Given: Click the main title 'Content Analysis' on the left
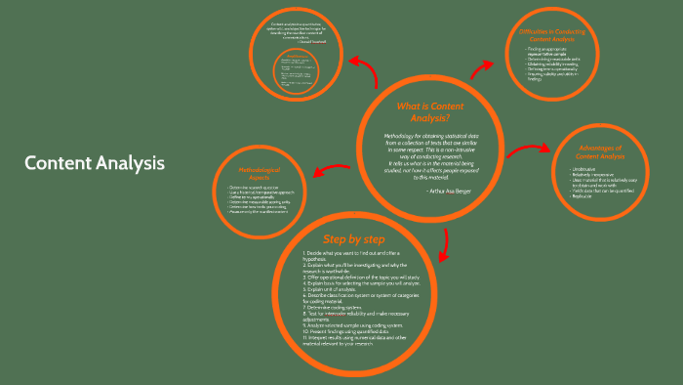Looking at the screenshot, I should click(x=95, y=162).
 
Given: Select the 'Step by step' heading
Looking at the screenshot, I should click(x=353, y=240).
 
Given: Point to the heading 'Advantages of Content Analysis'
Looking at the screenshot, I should click(x=600, y=152).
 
